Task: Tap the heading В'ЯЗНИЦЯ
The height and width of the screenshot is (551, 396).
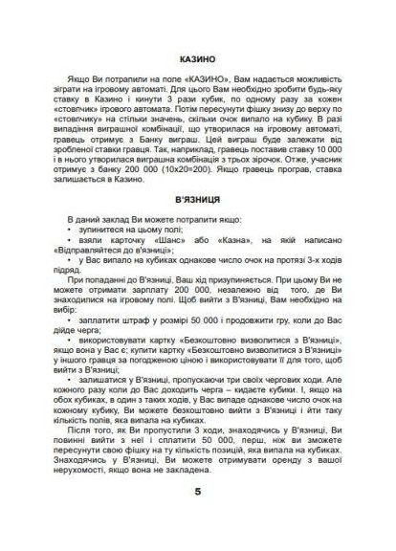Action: pyautogui.click(x=196, y=204)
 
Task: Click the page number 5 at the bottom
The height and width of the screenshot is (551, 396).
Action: pyautogui.click(x=197, y=494)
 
